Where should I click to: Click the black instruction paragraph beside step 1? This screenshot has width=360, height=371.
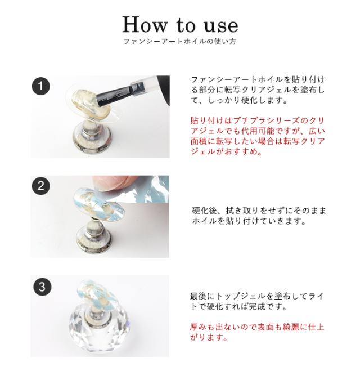click(258, 90)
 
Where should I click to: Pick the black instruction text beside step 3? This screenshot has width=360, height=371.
click(258, 301)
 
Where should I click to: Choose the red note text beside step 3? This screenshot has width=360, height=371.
click(258, 332)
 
